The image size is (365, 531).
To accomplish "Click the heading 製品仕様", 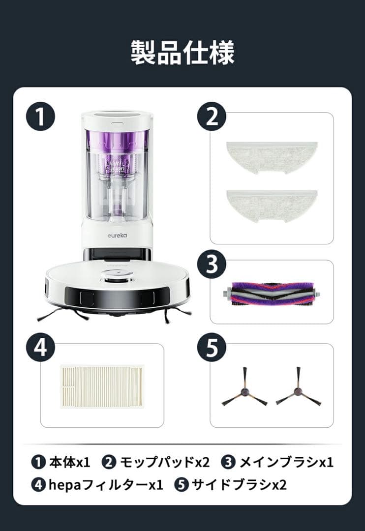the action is click(x=182, y=53).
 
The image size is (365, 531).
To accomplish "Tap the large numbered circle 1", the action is click(x=41, y=117).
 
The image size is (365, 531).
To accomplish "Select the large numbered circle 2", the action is click(x=212, y=117).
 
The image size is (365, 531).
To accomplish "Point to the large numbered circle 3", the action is click(x=212, y=264).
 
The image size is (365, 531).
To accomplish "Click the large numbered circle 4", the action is click(x=41, y=347).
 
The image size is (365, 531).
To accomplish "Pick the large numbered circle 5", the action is click(x=212, y=347).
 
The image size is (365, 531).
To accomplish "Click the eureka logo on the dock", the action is click(x=117, y=235).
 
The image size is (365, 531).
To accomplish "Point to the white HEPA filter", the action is click(x=102, y=386).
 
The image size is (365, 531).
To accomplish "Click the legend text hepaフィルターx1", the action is click(x=106, y=485).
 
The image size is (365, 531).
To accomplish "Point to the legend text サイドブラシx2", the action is click(x=239, y=485).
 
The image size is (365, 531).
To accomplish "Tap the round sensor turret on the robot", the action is click(x=117, y=278).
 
